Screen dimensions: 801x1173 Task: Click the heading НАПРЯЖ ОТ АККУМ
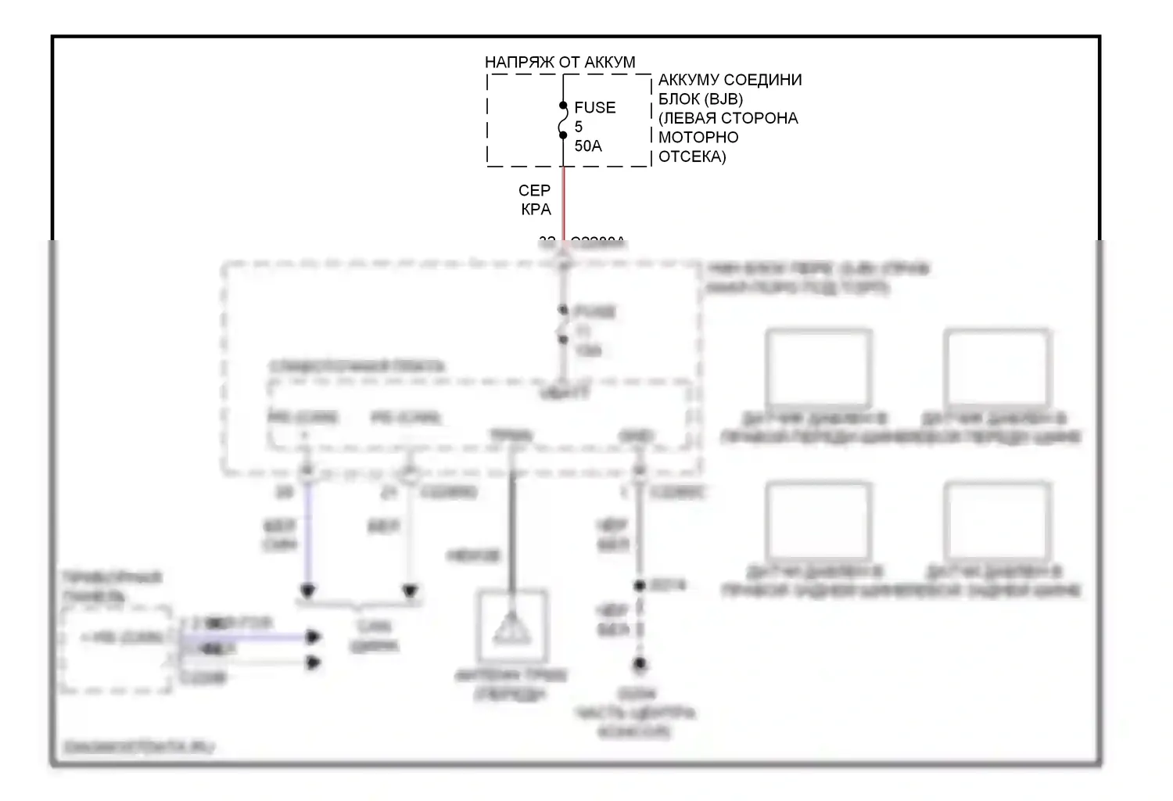click(560, 62)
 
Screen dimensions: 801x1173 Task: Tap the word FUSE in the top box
click(594, 107)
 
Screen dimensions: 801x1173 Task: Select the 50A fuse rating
click(588, 145)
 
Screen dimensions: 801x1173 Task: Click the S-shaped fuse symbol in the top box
click(563, 120)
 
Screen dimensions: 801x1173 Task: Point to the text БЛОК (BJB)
click(701, 99)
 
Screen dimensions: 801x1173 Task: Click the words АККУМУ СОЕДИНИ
click(730, 80)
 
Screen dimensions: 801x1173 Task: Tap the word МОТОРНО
click(698, 137)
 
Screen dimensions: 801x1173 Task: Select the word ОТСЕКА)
click(692, 156)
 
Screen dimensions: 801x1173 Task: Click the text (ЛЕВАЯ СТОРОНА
click(728, 118)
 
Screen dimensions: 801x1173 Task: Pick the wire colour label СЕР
click(534, 190)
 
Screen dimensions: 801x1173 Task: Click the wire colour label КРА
click(536, 209)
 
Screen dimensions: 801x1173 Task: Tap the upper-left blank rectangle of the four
click(818, 367)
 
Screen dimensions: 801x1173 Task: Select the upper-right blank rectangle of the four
click(996, 367)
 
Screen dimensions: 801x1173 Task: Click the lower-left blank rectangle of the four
click(818, 520)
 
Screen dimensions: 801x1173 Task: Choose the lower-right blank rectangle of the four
click(996, 520)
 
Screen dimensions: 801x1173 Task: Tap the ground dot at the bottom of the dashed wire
click(640, 664)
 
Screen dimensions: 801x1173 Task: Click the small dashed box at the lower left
click(117, 649)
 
